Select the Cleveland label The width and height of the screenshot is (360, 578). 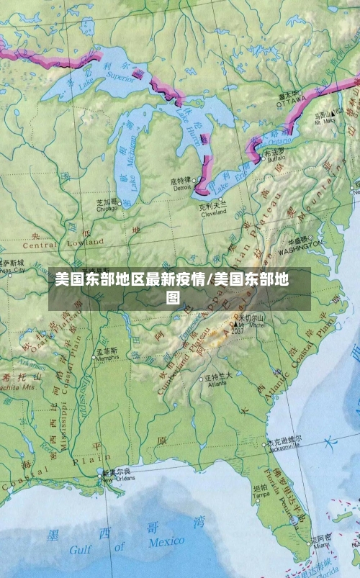(x=213, y=212)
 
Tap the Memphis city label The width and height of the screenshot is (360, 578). (x=107, y=357)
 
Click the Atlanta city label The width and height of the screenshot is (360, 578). (x=217, y=384)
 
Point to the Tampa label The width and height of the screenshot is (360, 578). (x=261, y=495)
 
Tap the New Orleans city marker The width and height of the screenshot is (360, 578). (x=100, y=473)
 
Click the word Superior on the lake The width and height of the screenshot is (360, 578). (x=120, y=73)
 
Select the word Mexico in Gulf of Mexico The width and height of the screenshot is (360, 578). (x=166, y=542)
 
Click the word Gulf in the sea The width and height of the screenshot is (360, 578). (x=80, y=551)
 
